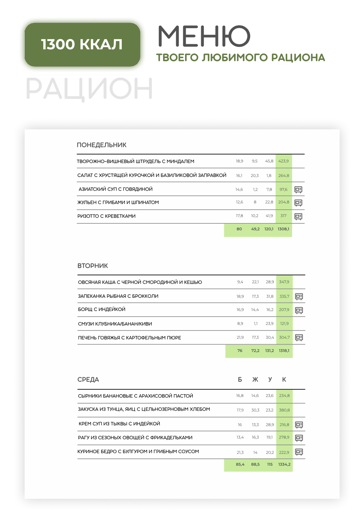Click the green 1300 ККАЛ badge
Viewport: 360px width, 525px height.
coord(82,45)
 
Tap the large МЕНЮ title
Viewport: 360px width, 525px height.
coord(204,36)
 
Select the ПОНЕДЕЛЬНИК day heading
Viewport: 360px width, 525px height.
coord(102,145)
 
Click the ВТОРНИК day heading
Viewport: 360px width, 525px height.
coord(93,266)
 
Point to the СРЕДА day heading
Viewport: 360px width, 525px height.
coord(88,379)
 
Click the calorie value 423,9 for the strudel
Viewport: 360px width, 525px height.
coord(283,161)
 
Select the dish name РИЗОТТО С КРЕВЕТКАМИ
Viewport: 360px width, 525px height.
coord(106,216)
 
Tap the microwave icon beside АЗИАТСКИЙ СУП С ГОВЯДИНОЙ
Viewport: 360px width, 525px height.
coord(298,189)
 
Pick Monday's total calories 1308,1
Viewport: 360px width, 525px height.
coord(283,229)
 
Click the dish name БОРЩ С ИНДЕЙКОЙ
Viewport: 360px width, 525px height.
coord(102,309)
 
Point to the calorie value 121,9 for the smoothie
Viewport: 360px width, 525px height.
coord(284,323)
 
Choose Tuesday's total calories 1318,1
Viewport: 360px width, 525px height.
coord(284,351)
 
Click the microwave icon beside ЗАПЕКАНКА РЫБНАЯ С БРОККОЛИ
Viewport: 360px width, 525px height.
coord(299,296)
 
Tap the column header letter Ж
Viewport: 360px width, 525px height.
coord(255,379)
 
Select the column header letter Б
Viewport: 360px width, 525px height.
coord(240,379)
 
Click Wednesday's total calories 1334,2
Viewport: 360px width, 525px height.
coord(284,464)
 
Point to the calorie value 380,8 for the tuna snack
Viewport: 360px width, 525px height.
coord(284,410)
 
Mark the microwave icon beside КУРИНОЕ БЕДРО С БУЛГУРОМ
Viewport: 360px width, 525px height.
coord(299,452)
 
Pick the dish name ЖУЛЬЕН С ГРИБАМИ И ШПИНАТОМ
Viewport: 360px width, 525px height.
coord(118,202)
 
